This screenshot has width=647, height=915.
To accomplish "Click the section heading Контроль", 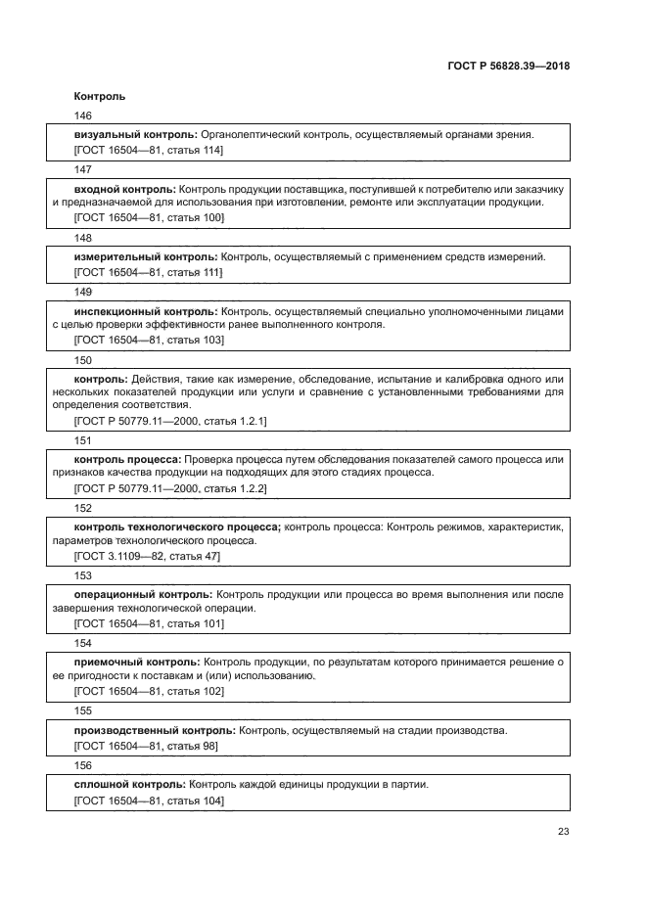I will point(100,97).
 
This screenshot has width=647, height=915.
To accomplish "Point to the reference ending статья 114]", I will point(149,150).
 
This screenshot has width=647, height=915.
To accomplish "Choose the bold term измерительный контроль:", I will point(146,256).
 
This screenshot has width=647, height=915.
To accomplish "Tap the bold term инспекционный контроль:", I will point(147,311).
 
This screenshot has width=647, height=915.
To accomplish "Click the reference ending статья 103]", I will point(149,340).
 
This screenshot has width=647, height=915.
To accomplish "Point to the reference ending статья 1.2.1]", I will point(171,420).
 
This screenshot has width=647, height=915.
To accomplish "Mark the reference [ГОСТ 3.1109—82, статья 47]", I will point(147,555).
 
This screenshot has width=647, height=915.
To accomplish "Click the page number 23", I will point(564,833).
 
